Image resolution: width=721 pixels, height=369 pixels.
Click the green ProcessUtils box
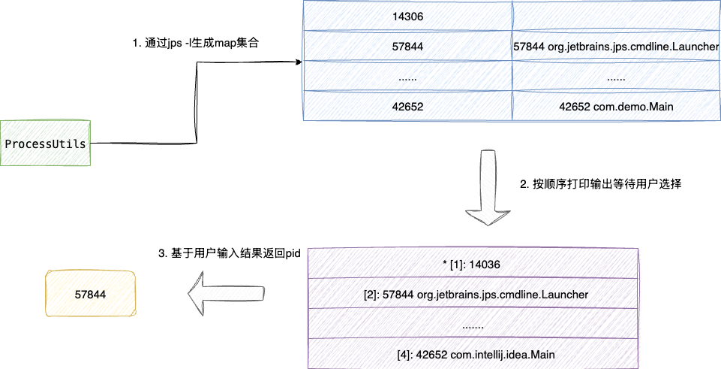(46, 143)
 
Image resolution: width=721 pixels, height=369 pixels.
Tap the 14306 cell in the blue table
(407, 16)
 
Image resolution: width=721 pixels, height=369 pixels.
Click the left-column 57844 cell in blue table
(407, 47)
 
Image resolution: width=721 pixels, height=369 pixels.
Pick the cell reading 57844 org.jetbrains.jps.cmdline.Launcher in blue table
(616, 47)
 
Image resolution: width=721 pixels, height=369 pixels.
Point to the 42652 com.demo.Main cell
(616, 107)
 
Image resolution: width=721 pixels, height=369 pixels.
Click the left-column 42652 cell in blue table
(407, 107)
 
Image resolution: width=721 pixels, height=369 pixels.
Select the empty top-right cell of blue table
(616, 16)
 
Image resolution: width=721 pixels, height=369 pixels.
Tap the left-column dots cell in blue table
(407, 77)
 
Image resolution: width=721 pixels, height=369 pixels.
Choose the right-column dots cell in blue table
(616, 77)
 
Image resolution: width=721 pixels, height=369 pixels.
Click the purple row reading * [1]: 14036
(472, 264)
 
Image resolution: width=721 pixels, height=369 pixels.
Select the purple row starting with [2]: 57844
(472, 294)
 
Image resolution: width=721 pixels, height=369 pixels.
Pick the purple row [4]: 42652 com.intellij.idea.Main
(472, 354)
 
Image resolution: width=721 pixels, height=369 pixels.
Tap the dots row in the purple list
(472, 325)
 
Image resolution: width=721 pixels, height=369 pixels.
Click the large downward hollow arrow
(487, 188)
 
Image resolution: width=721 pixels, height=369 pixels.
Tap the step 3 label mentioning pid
(230, 254)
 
